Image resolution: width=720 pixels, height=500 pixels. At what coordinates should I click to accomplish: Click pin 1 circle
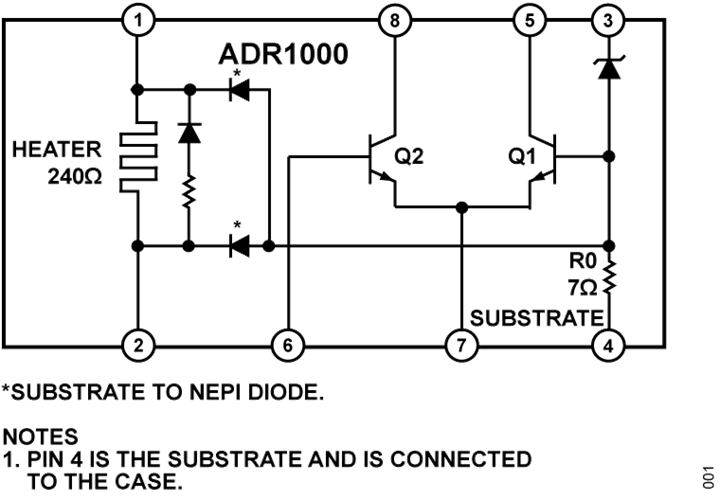click(x=138, y=21)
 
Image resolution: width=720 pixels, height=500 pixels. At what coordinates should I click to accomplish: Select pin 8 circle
click(x=394, y=21)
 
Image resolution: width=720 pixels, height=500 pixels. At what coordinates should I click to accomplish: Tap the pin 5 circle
click(x=530, y=21)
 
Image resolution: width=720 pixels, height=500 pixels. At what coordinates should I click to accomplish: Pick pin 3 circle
click(x=608, y=21)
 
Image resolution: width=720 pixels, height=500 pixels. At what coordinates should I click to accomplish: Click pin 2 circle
click(x=138, y=345)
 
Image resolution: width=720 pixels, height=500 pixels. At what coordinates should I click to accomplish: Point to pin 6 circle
click(x=288, y=345)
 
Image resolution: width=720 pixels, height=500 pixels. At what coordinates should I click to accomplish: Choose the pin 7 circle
click(x=461, y=345)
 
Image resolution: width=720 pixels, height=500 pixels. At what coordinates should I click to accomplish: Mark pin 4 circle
click(x=608, y=345)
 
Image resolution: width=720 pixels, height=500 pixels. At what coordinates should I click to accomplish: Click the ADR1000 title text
click(x=283, y=54)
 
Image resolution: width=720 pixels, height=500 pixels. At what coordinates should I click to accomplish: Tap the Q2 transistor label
click(x=409, y=157)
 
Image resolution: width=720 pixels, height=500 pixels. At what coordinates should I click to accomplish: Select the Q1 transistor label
click(x=522, y=157)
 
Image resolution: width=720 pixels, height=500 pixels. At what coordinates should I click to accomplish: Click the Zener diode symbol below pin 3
click(x=609, y=67)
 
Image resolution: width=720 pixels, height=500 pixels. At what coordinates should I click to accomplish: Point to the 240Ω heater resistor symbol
click(x=138, y=156)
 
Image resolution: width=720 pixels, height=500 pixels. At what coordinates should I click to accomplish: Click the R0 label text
click(x=583, y=261)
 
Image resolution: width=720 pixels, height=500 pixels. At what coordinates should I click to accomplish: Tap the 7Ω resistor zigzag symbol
click(x=609, y=277)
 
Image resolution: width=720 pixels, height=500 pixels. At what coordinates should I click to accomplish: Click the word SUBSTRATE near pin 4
click(x=537, y=318)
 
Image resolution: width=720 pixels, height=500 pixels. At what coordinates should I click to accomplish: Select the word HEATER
click(x=56, y=150)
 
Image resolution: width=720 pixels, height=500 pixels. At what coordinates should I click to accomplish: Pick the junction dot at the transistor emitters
click(x=462, y=208)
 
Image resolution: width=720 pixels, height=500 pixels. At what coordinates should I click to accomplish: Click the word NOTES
click(x=40, y=437)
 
